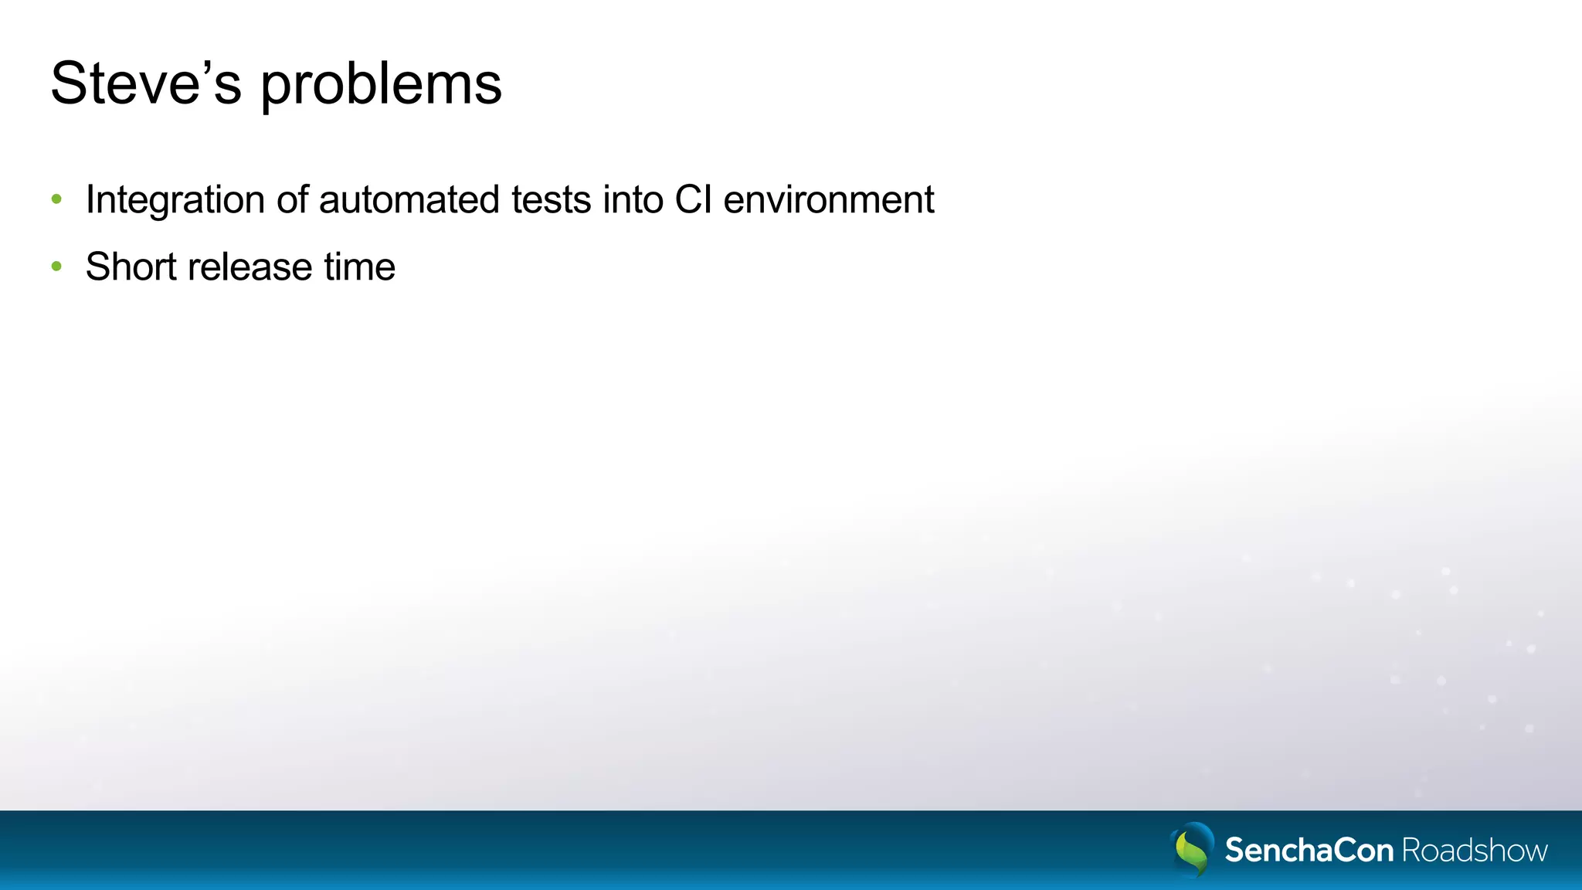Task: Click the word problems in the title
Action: (x=381, y=85)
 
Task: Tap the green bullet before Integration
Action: (x=56, y=199)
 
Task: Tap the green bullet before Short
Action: (x=56, y=267)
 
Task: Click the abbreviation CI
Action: (x=693, y=199)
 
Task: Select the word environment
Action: (x=829, y=199)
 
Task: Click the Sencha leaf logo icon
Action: (x=1193, y=849)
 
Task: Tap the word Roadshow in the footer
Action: (x=1474, y=850)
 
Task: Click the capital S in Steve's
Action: (x=68, y=83)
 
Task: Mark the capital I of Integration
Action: (x=90, y=199)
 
